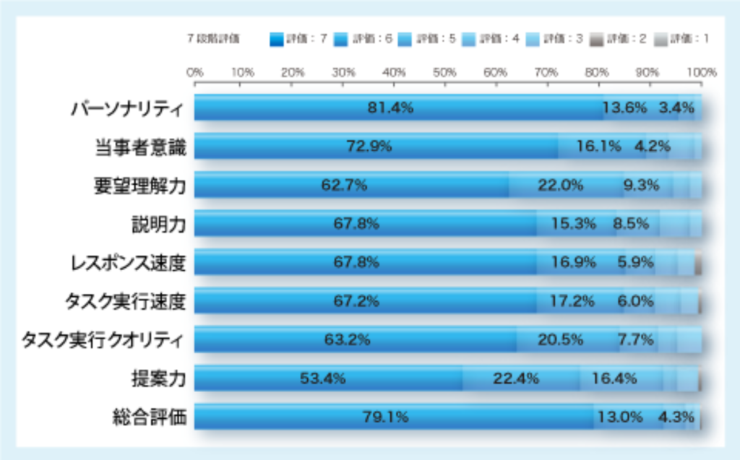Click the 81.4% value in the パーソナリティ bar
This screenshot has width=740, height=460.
390,108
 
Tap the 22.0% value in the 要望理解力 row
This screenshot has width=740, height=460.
560,186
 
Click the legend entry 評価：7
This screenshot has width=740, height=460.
298,39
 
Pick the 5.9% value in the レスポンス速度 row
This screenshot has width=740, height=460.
635,263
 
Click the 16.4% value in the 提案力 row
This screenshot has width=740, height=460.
614,378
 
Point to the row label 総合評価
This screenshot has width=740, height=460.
150,417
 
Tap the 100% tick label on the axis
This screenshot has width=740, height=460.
701,72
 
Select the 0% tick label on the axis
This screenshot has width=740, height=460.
194,72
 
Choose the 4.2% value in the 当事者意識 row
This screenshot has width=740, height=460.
653,147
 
